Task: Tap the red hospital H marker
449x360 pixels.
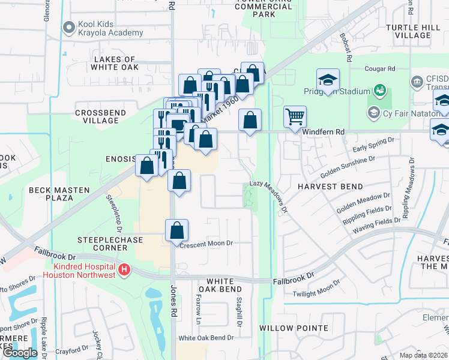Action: pyautogui.click(x=124, y=271)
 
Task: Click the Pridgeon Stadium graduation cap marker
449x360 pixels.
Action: pyautogui.click(x=328, y=80)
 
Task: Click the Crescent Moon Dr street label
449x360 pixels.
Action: pyautogui.click(x=205, y=244)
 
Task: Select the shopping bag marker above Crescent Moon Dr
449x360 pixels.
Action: pyautogui.click(x=176, y=230)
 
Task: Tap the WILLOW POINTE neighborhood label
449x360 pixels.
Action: pyautogui.click(x=294, y=328)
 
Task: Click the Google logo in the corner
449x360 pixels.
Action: pyautogui.click(x=20, y=352)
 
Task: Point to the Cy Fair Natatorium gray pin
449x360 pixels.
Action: pyautogui.click(x=373, y=112)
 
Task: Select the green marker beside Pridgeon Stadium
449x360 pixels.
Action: pyautogui.click(x=379, y=91)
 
